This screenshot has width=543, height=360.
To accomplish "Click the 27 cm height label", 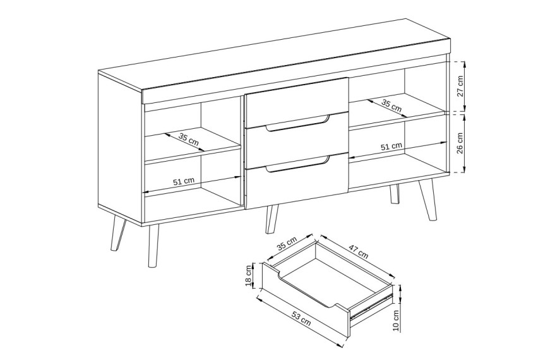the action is click(460, 87).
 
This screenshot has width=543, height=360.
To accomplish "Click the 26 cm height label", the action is click(460, 143).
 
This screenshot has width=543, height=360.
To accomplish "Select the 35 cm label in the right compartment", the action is click(391, 105).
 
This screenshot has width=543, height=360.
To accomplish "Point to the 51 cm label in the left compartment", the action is click(184, 181).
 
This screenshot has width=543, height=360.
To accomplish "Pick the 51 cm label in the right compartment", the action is click(391, 147).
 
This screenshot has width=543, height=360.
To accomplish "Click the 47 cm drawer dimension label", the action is click(358, 251).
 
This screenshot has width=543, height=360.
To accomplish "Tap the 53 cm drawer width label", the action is click(301, 319).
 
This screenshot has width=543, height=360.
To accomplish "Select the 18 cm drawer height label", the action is click(248, 276).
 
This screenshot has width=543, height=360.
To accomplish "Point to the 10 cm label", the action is click(397, 320).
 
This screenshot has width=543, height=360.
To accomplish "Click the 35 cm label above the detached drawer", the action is click(287, 245).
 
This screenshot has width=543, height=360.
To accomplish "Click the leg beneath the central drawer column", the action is click(272, 219).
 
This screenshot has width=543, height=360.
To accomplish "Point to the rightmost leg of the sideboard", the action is click(427, 200).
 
